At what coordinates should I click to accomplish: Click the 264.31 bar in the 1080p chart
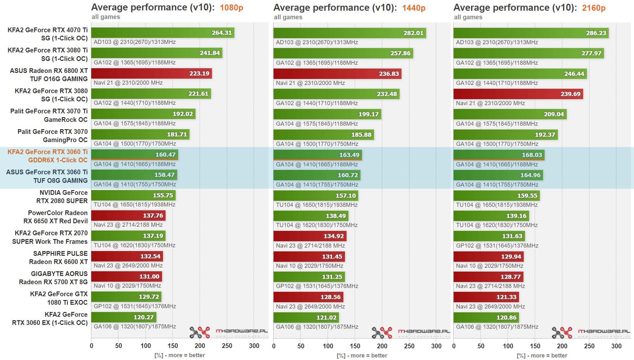pyautogui.click(x=163, y=33)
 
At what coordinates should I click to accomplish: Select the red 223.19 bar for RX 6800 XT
pyautogui.click(x=152, y=74)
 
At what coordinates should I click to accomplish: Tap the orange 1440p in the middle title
pyautogui.click(x=414, y=8)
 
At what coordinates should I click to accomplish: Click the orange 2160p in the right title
pyautogui.click(x=594, y=8)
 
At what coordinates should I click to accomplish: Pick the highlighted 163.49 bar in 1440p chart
pyautogui.click(x=317, y=155)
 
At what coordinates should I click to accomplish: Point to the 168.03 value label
pyautogui.click(x=532, y=155)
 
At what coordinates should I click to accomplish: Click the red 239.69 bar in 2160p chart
pyautogui.click(x=518, y=94)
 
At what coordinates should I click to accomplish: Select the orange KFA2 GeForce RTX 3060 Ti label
pyautogui.click(x=47, y=156)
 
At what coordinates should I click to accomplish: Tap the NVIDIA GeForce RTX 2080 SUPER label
pyautogui.click(x=62, y=197)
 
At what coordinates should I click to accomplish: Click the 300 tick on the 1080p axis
pyautogui.click(x=254, y=346)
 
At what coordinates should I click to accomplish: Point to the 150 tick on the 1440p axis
pyautogui.click(x=355, y=346)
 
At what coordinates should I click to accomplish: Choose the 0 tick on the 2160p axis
pyautogui.click(x=454, y=346)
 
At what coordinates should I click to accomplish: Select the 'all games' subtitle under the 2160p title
pyautogui.click(x=468, y=17)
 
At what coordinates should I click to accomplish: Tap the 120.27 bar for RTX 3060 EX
pyautogui.click(x=124, y=317)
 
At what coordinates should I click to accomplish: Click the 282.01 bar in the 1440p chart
pyautogui.click(x=349, y=33)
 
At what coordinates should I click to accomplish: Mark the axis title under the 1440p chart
pyautogui.click(x=362, y=356)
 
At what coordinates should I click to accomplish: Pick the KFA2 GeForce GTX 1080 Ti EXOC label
pyautogui.click(x=59, y=298)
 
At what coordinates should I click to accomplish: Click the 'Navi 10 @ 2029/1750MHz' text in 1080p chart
pyautogui.click(x=127, y=286)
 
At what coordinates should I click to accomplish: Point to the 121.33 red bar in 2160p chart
pyautogui.click(x=486, y=297)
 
